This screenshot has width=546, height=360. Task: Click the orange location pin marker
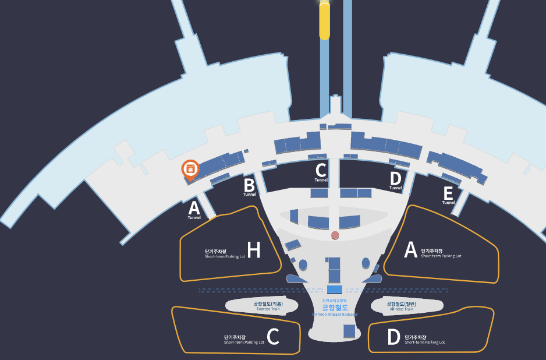pyautogui.click(x=190, y=169)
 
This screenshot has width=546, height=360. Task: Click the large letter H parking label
pyautogui.click(x=254, y=250)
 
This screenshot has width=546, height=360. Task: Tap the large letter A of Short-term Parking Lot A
pyautogui.click(x=411, y=250)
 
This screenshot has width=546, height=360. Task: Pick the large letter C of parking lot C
pyautogui.click(x=272, y=337)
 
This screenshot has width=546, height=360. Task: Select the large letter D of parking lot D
pyautogui.click(x=394, y=337)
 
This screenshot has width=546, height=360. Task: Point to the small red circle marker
pyautogui.click(x=335, y=235)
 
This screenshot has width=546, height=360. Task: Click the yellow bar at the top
pyautogui.click(x=324, y=21)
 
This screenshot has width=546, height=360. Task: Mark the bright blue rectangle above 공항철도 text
pyautogui.click(x=335, y=290)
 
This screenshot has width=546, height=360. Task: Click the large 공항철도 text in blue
pyautogui.click(x=335, y=307)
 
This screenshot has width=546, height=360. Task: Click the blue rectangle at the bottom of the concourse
pyautogui.click(x=349, y=331)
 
